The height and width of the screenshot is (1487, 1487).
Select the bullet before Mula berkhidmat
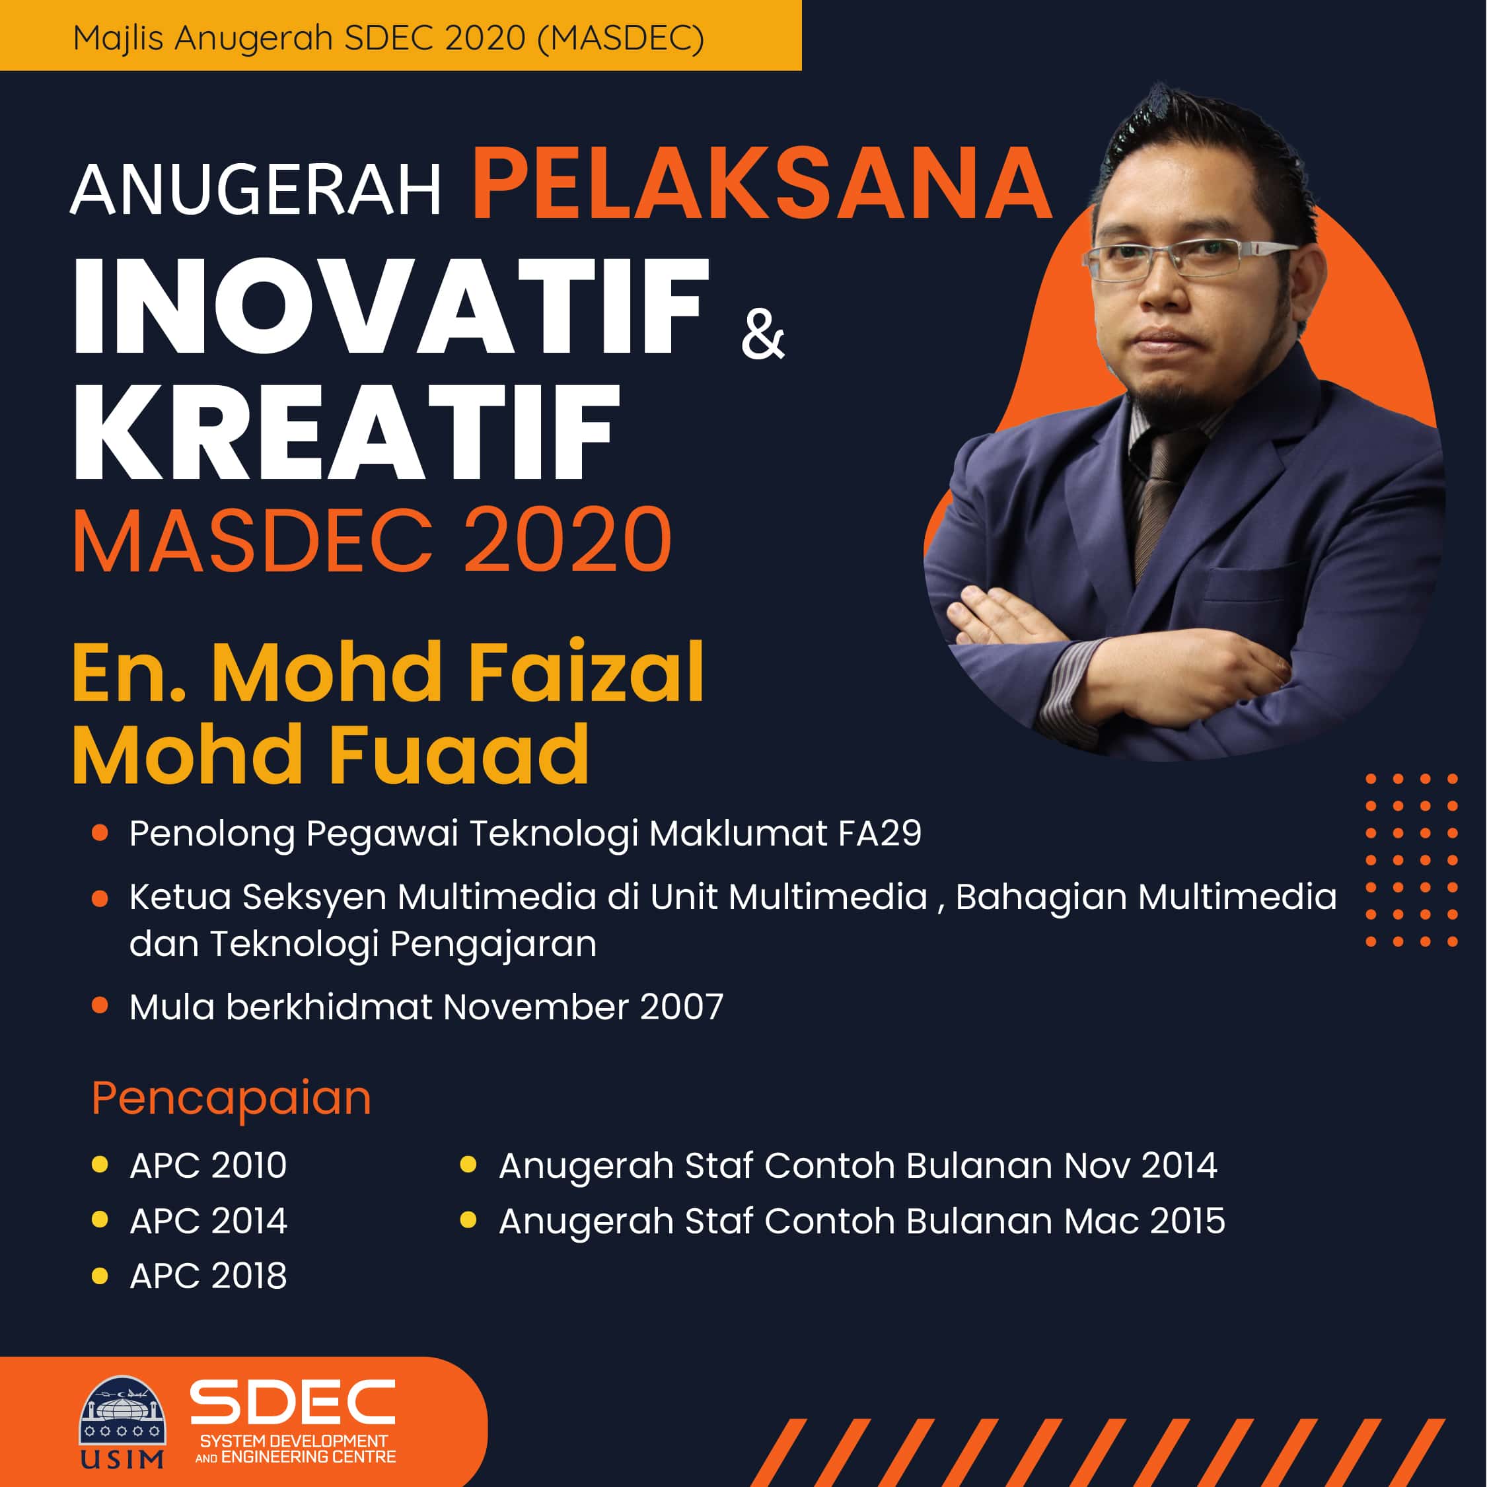pos(99,1005)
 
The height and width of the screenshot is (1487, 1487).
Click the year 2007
pos(681,1007)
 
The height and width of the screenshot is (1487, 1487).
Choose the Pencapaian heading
pos(231,1099)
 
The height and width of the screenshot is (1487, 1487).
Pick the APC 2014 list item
pos(208,1221)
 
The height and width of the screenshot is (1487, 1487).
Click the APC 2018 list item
pos(208,1276)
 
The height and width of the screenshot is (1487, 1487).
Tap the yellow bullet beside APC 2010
pos(99,1164)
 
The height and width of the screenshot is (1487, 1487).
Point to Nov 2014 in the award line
pos(1140,1165)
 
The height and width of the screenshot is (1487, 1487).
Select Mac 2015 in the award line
pos(1143,1221)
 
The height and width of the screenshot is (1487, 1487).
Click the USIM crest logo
pos(122,1422)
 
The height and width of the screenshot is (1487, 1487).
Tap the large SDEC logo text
pos(293,1402)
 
